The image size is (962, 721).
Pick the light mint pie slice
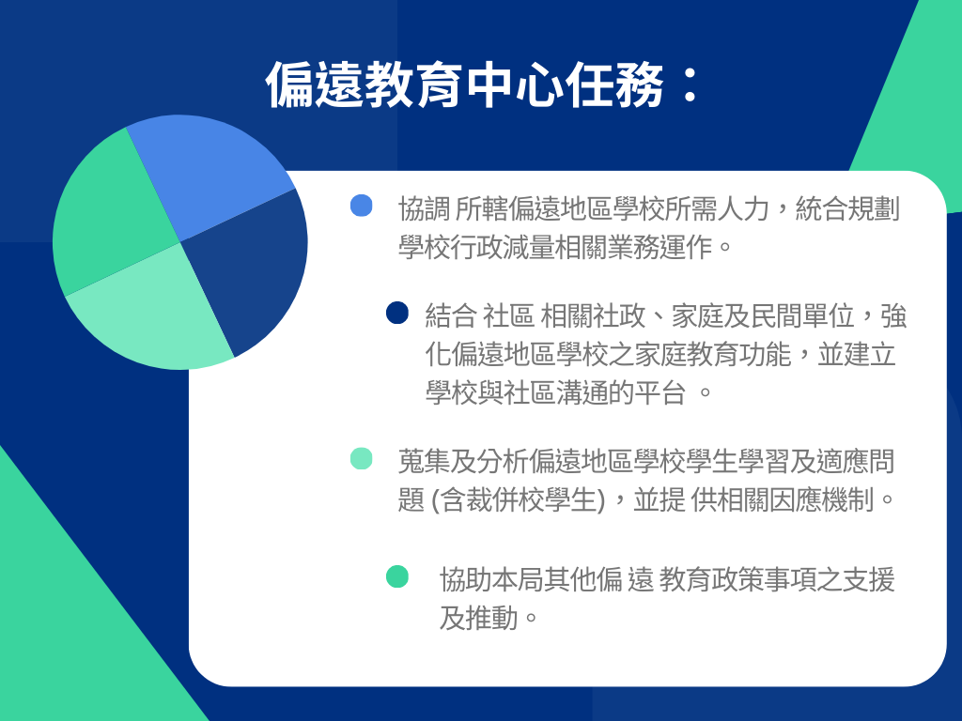coord(155,314)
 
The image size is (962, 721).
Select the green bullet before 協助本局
coord(397,576)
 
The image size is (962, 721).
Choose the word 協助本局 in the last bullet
coord(491,579)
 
